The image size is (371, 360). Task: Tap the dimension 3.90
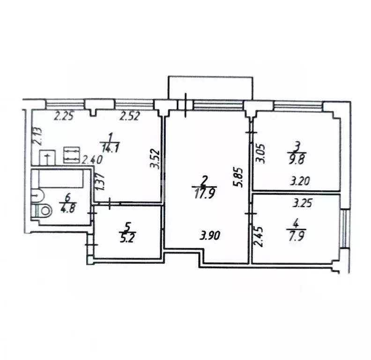pos(209,236)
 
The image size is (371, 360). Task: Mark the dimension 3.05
pos(263,153)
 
